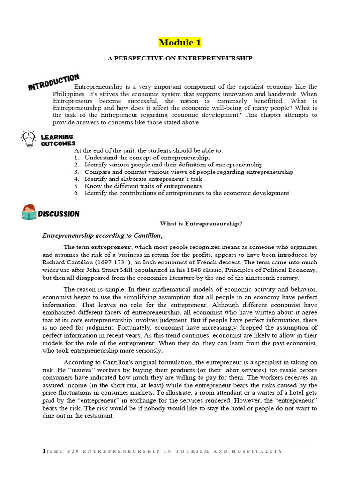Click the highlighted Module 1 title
click(x=180, y=43)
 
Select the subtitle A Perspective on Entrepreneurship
click(x=180, y=58)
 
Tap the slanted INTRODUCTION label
click(x=53, y=82)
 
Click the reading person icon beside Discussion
click(x=29, y=212)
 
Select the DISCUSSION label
click(x=59, y=214)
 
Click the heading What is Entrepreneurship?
click(x=201, y=224)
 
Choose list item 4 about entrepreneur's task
click(x=143, y=179)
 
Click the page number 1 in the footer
click(x=44, y=451)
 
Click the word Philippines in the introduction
click(x=69, y=94)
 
